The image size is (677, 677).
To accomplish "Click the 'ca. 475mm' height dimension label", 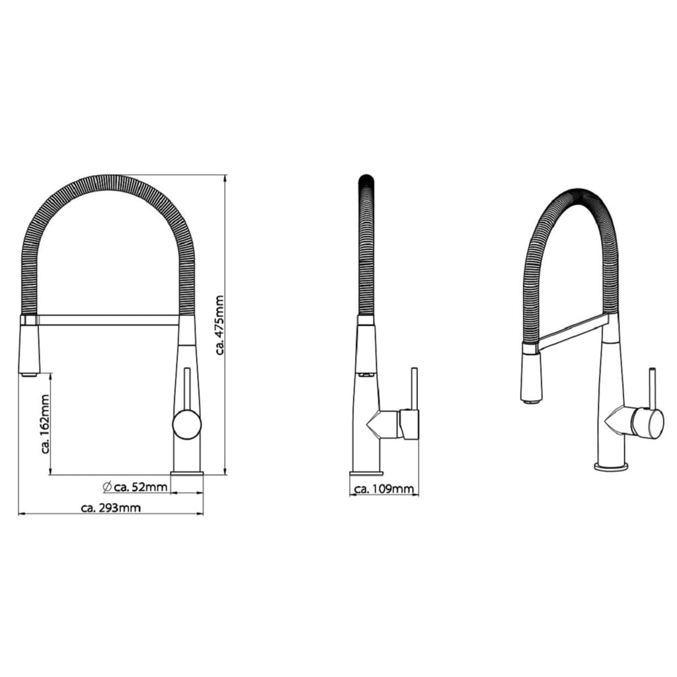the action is click(x=219, y=325).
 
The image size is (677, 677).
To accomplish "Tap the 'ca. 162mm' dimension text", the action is click(x=46, y=424).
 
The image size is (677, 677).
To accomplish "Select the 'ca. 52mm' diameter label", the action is click(x=141, y=487).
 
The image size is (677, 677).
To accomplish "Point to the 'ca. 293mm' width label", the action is click(x=111, y=508).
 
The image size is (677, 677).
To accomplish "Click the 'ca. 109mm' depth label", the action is click(x=384, y=489).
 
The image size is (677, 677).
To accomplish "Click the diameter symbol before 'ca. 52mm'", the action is click(x=108, y=487).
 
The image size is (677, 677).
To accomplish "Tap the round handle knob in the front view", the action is click(x=187, y=424).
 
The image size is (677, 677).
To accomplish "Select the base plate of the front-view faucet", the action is click(x=187, y=474).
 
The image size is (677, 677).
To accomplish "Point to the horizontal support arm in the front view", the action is click(x=108, y=319).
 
